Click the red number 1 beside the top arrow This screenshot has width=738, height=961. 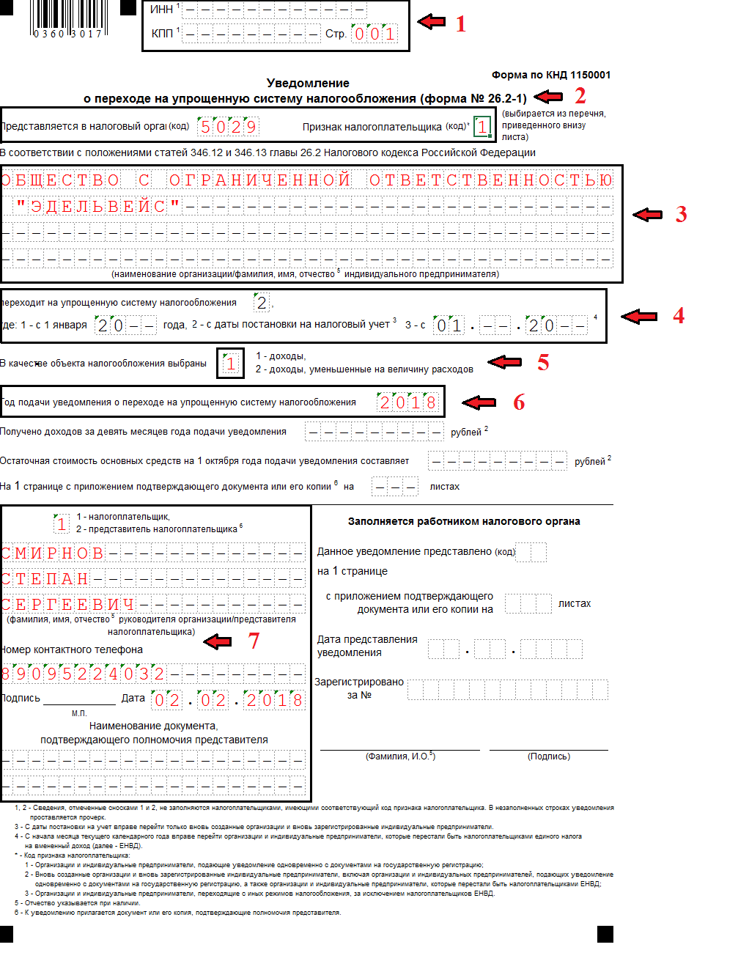coord(460,24)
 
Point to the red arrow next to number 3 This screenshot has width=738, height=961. coord(647,214)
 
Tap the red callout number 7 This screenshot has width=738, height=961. coord(254,641)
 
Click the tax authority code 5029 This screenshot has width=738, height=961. coord(229,127)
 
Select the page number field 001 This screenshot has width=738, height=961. coord(374,34)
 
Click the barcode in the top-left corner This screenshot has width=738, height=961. coord(69,18)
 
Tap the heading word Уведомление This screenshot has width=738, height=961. coord(308,83)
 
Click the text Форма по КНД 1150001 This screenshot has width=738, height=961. coord(550,75)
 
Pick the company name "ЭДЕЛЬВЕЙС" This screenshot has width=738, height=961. coord(98,207)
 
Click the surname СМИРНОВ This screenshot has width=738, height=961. coord(53,553)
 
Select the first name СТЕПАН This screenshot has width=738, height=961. coord(45,579)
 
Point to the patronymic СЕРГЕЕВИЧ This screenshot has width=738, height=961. coord(68,605)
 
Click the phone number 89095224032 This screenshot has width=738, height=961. coord(83,674)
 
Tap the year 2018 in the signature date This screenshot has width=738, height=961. coord(274,700)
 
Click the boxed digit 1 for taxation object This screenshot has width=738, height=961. coord(231,363)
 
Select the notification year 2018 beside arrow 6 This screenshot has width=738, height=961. coord(407,402)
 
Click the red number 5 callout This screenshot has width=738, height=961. coord(543,362)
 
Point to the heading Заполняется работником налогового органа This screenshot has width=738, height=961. coord(464,521)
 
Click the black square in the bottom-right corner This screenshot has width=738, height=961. coord(605,934)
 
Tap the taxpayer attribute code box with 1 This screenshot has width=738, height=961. coord(481,127)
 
